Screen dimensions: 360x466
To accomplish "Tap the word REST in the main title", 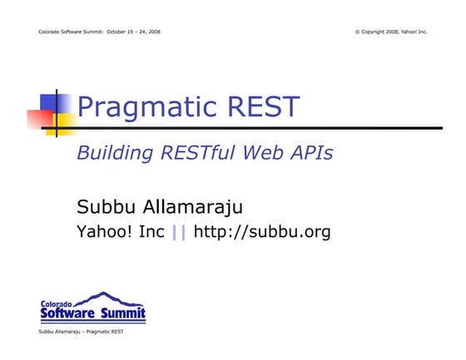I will coord(264,107).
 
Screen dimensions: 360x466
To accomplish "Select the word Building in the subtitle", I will coord(112,153).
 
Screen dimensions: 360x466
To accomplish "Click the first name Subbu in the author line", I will coord(103,207).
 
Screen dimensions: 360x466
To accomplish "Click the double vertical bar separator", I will coord(179,233).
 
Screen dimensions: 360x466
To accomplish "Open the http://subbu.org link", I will coord(262,233).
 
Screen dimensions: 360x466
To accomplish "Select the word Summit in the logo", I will coord(123,313).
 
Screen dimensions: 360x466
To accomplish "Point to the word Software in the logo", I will coord(69,313).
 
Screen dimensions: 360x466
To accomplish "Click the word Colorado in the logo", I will coord(57,303).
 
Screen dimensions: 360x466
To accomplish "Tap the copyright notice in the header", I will coord(390,32).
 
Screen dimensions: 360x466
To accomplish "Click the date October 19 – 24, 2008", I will coord(134,32).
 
